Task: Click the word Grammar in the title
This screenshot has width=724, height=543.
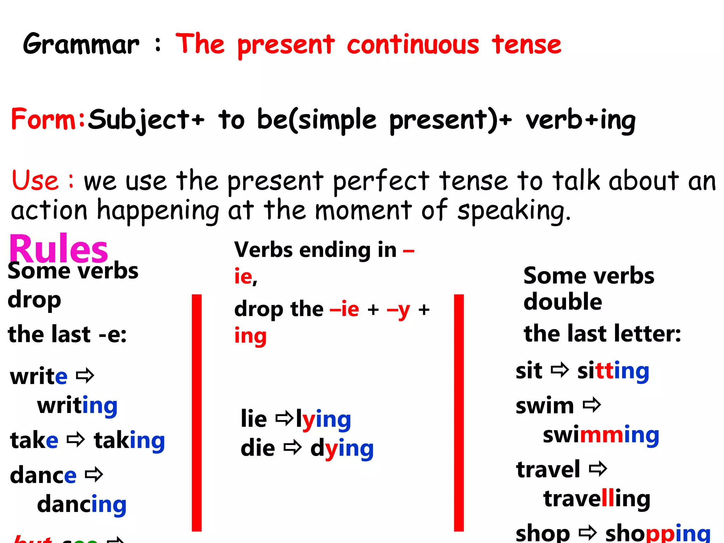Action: click(81, 44)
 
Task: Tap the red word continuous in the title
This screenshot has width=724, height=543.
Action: click(413, 45)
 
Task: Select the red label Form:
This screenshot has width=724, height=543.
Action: click(48, 119)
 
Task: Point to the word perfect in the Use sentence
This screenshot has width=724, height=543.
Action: click(381, 181)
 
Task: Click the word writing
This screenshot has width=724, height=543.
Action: click(77, 406)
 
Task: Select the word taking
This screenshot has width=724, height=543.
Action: click(129, 441)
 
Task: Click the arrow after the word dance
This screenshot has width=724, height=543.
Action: click(94, 475)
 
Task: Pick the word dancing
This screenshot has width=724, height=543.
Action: click(82, 505)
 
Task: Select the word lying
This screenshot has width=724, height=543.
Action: click(323, 420)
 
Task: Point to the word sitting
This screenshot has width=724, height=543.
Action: click(613, 371)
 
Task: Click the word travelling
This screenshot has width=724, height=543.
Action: click(597, 499)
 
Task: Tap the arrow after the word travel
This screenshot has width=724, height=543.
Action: click(598, 469)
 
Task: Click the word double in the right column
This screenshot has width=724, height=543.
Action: click(562, 302)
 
